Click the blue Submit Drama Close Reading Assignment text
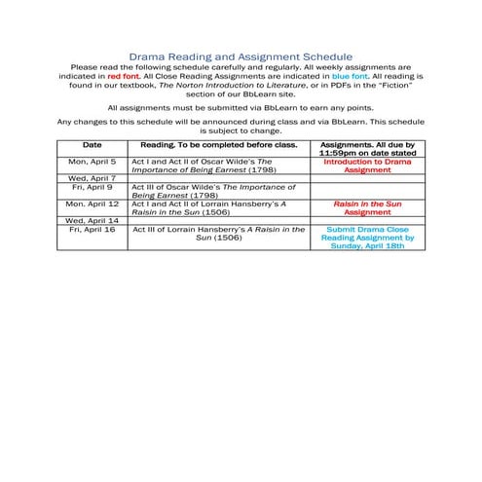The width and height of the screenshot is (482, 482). pos(369,239)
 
